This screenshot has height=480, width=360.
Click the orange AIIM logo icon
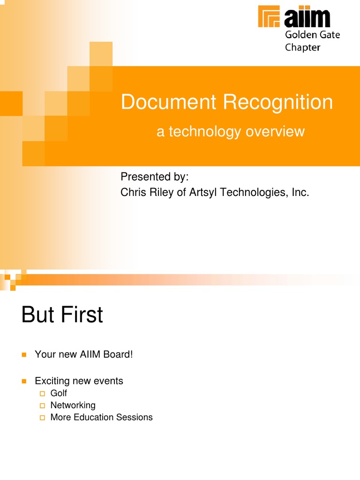[270, 17]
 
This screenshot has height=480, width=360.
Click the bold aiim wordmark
[307, 17]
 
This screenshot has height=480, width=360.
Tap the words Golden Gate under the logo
[312, 35]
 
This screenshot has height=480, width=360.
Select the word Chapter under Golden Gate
[302, 47]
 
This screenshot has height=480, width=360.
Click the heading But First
[62, 315]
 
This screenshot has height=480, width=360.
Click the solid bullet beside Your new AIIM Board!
[24, 355]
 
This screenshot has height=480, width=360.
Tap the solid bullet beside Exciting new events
[24, 381]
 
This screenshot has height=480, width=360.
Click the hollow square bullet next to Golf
[42, 393]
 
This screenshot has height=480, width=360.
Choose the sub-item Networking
[73, 405]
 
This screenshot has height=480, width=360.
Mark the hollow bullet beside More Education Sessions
[42, 417]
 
